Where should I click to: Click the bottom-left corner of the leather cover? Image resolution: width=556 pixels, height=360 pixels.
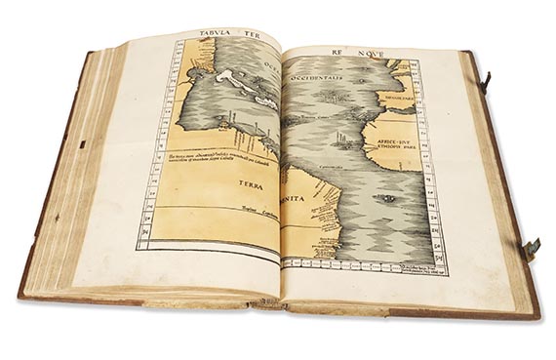[x=21, y=294]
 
